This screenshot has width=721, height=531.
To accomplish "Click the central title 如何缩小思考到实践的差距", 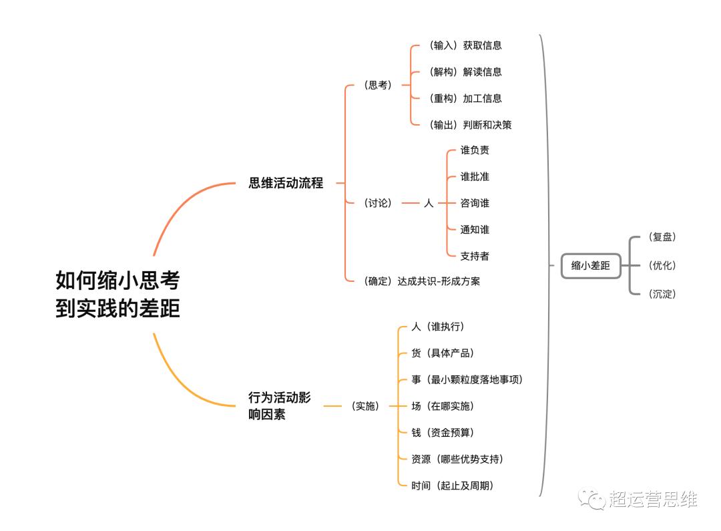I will [x=117, y=294].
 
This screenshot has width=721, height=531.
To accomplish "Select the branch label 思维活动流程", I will [x=286, y=182].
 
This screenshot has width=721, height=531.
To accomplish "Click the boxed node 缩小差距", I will [x=590, y=266].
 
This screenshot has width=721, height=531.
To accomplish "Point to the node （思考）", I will [x=378, y=85].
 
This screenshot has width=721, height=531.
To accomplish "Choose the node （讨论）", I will [x=378, y=203].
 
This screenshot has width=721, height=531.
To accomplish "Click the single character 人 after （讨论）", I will [x=429, y=203].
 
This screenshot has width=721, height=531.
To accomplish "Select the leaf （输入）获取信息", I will [x=465, y=45].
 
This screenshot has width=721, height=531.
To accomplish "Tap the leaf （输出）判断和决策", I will [x=470, y=125].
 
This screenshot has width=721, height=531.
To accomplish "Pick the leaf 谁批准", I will [x=475, y=176].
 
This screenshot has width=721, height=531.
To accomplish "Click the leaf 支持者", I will [x=475, y=256].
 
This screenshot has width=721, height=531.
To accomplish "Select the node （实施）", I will [x=365, y=406].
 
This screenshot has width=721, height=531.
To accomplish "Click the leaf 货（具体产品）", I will [x=443, y=353].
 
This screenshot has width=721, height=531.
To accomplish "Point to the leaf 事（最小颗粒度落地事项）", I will [x=467, y=379].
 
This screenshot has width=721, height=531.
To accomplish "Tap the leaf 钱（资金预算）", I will [x=443, y=433].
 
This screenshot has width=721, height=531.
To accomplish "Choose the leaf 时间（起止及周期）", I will [x=453, y=486].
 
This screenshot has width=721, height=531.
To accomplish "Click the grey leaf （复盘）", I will [x=662, y=237].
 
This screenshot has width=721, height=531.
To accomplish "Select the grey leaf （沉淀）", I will [x=662, y=294].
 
